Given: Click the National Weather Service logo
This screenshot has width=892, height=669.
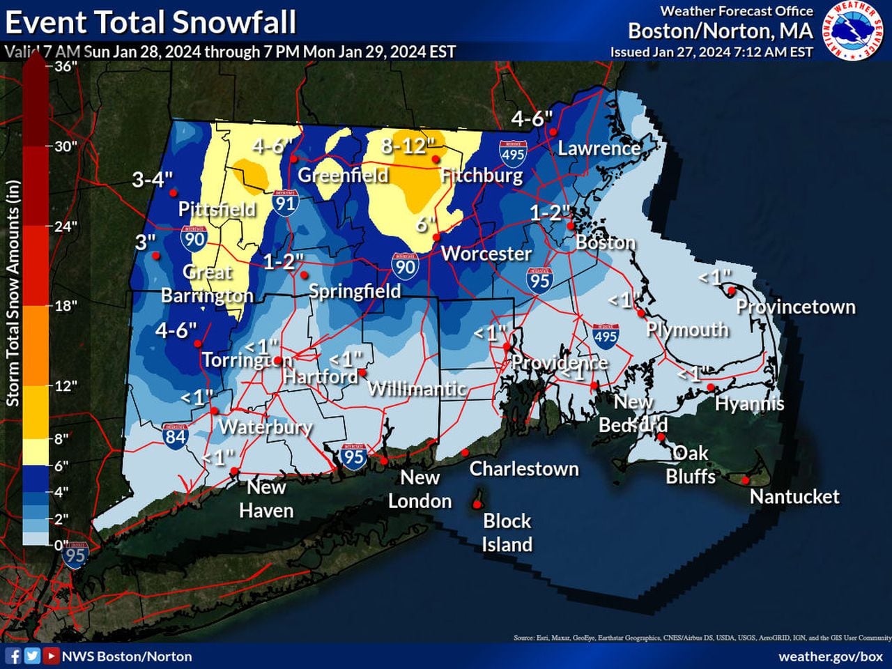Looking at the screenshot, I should pyautogui.click(x=855, y=31).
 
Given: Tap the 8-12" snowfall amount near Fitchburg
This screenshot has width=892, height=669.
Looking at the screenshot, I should pyautogui.click(x=408, y=146).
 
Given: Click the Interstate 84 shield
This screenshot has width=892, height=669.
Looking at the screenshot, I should pyautogui.click(x=175, y=435).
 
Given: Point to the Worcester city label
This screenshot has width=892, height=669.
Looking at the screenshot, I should pyautogui.click(x=486, y=253).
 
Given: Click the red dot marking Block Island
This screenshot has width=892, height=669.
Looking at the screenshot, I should pyautogui.click(x=477, y=502).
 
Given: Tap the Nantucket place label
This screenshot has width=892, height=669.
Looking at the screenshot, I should pyautogui.click(x=794, y=496).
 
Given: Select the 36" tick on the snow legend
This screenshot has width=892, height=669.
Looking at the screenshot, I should pyautogui.click(x=65, y=66).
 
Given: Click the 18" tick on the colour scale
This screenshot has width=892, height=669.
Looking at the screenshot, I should pyautogui.click(x=65, y=305).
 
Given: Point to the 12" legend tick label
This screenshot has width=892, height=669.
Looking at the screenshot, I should pyautogui.click(x=65, y=385).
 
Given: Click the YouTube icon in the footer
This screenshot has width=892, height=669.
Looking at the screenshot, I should pyautogui.click(x=51, y=656).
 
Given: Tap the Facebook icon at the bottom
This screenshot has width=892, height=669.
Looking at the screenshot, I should pyautogui.click(x=13, y=656).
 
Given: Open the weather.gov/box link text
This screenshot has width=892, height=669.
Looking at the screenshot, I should pyautogui.click(x=830, y=656).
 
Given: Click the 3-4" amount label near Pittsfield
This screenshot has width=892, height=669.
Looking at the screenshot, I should pyautogui.click(x=152, y=180).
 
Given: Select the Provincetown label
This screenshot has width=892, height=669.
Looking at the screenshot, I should pyautogui.click(x=795, y=307).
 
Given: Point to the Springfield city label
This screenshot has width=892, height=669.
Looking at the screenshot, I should pyautogui.click(x=355, y=291).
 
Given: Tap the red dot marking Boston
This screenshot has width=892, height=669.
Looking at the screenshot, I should pyautogui.click(x=570, y=226).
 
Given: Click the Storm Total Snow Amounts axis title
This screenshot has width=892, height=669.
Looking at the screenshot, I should pyautogui.click(x=13, y=293).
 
